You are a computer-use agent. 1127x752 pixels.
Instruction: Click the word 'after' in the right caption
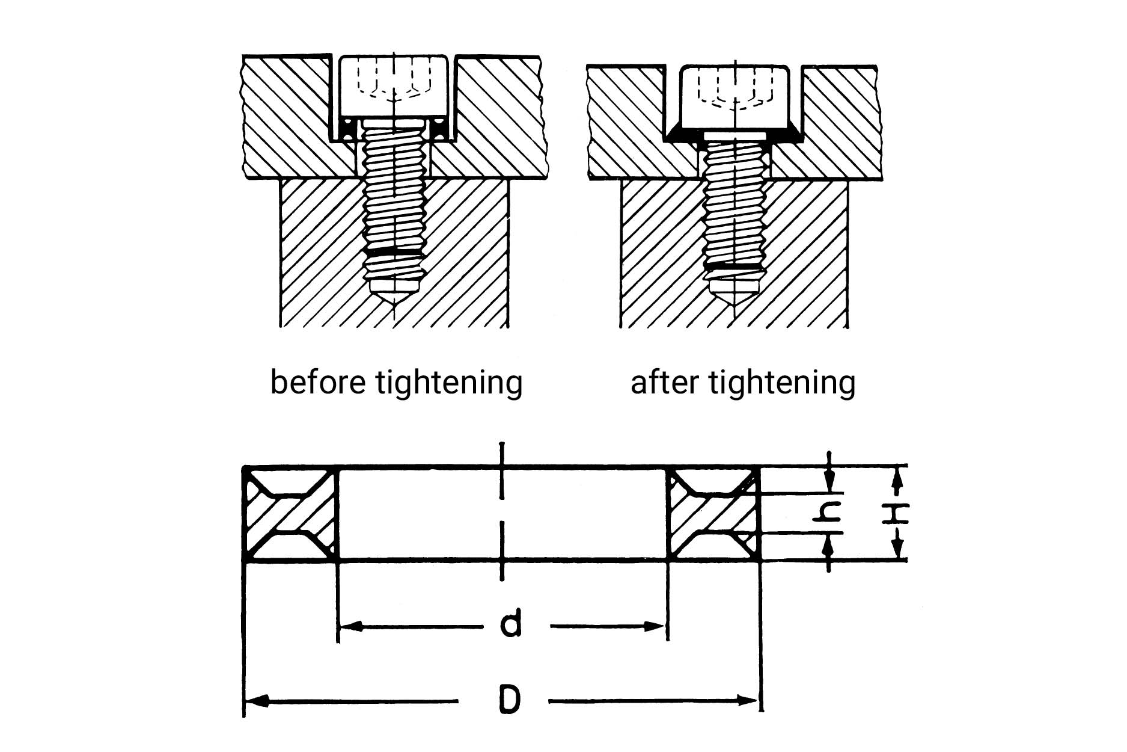[665, 382]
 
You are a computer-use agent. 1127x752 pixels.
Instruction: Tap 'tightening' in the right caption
[782, 383]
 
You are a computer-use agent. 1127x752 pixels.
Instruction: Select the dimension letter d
[510, 626]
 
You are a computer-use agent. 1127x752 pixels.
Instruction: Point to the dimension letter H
[896, 514]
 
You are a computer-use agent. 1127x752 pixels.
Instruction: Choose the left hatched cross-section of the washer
[291, 514]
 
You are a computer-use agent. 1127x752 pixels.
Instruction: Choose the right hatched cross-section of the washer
[713, 514]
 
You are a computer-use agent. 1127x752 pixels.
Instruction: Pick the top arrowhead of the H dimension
[897, 478]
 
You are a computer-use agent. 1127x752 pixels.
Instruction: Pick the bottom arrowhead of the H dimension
[897, 550]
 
